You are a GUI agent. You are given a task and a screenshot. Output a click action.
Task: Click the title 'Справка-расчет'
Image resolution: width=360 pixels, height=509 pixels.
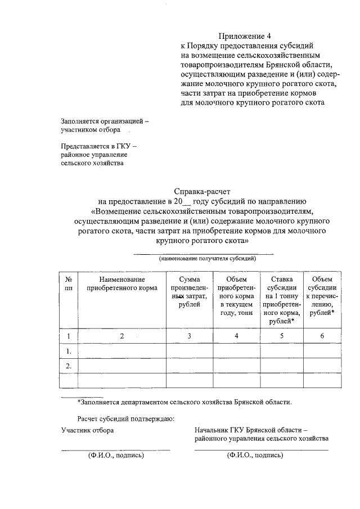point(200,191)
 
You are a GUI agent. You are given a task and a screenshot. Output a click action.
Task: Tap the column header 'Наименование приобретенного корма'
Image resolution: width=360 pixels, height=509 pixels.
point(121,283)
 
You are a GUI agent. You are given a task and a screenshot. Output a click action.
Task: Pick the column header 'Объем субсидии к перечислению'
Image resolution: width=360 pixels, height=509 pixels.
point(322,296)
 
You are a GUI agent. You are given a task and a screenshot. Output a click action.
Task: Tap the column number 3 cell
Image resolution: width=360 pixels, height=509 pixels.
point(190,336)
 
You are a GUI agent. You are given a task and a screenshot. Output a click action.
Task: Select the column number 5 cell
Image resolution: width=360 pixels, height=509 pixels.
point(281,336)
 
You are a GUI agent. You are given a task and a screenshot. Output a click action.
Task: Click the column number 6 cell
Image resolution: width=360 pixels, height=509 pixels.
point(322,336)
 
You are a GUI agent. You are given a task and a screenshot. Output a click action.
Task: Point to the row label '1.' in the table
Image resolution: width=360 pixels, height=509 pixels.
point(68,352)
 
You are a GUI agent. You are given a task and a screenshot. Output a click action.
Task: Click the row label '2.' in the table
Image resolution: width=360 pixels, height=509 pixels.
point(68,366)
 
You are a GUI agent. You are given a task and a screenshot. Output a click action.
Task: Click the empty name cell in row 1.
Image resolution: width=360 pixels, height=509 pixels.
point(121,352)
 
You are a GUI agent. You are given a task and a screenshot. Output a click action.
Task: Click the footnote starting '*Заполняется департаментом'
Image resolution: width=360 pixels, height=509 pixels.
point(184,402)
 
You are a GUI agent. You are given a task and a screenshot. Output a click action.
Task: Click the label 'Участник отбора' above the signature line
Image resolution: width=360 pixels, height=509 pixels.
point(87,430)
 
